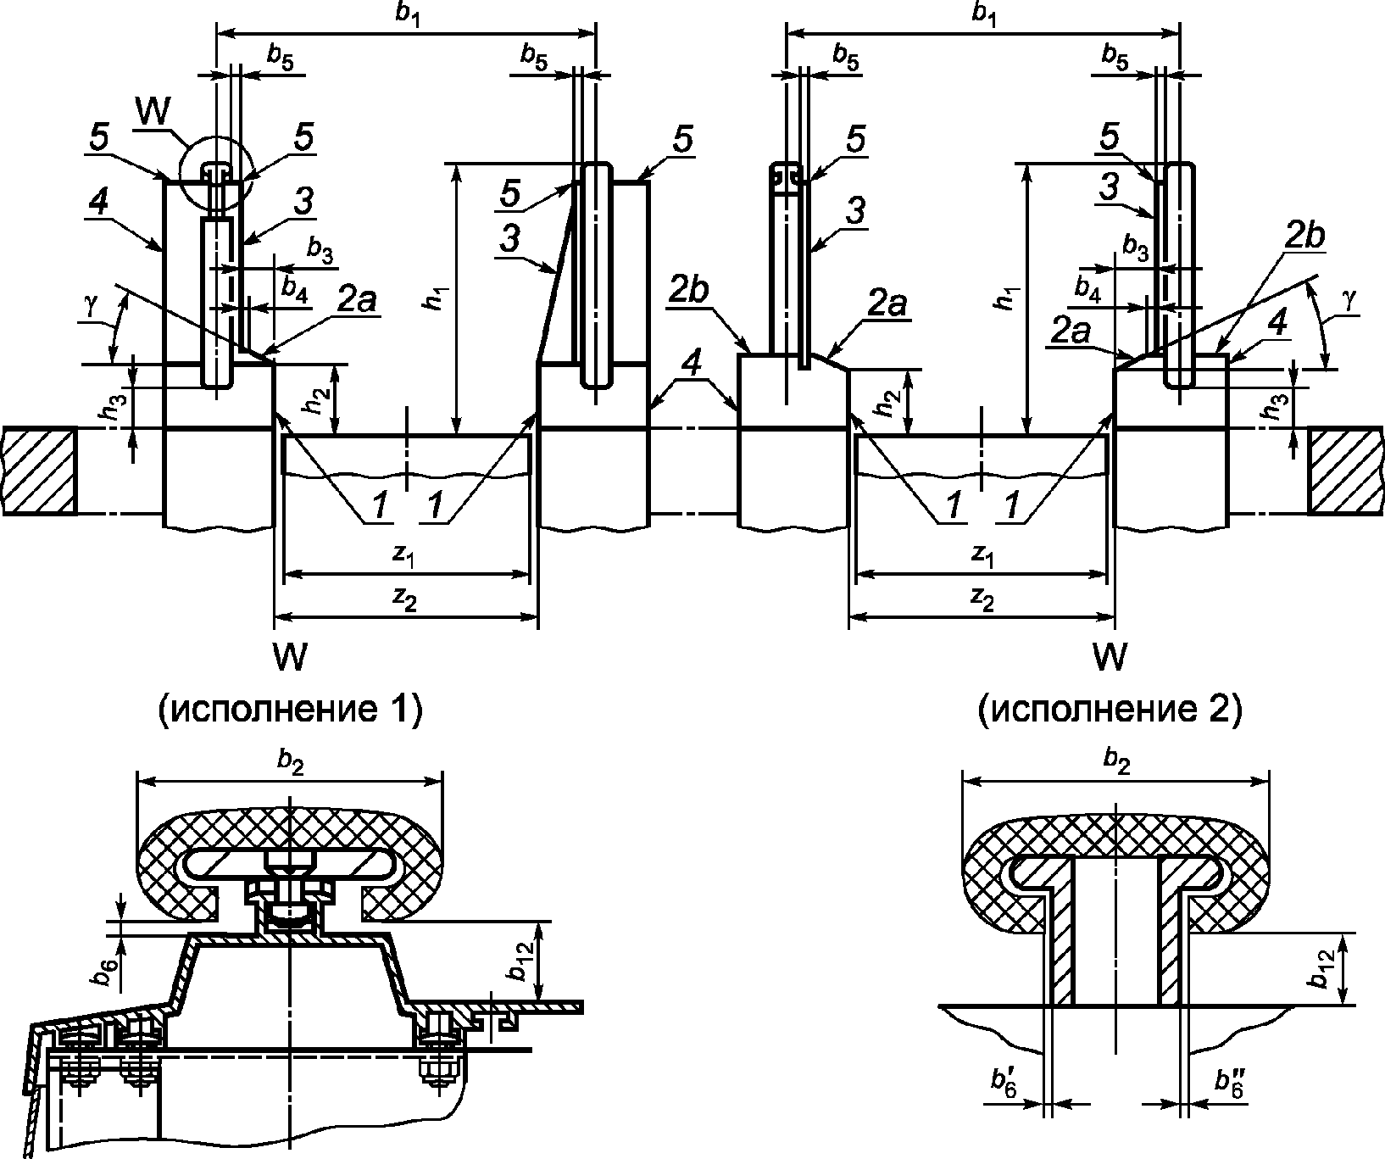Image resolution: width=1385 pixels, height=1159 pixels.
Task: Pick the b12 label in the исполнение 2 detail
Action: [x=1323, y=968]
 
